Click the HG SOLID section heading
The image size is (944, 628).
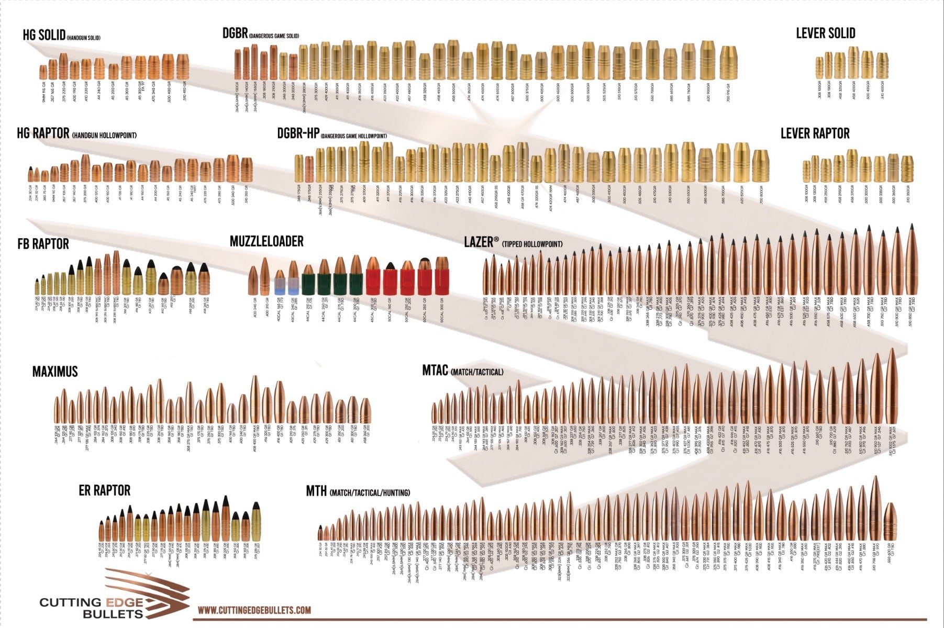44,36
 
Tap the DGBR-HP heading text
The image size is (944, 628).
298,134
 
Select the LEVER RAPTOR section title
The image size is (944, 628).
815,133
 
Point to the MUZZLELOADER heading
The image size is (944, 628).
266,241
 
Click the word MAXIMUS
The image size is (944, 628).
55,372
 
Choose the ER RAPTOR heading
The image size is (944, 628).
104,490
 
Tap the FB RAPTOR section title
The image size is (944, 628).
43,244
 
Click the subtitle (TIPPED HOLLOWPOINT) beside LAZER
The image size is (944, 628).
532,244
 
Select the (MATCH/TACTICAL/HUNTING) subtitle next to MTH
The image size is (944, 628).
370,493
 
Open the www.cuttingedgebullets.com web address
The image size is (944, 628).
254,610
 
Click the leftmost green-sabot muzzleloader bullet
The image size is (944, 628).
308,280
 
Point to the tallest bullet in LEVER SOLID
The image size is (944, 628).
853,63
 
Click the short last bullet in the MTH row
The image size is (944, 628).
890,521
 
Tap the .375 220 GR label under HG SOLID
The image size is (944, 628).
64,91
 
